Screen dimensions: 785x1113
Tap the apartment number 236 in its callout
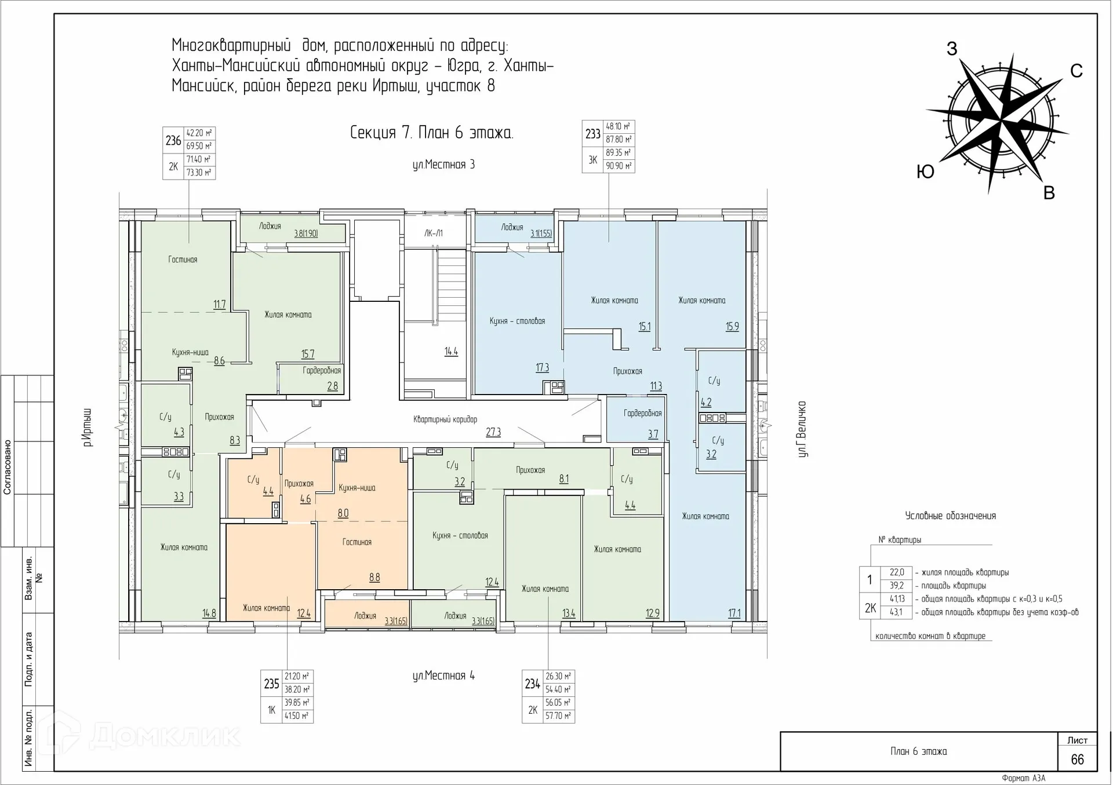pyautogui.click(x=173, y=140)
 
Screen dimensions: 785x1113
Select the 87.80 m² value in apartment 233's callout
pyautogui.click(x=619, y=140)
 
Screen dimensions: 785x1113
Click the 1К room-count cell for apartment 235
pyautogui.click(x=271, y=710)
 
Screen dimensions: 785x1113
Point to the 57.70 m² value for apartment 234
pyautogui.click(x=558, y=716)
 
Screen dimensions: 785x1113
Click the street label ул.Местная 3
pyautogui.click(x=443, y=165)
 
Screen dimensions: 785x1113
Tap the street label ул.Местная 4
pyautogui.click(x=443, y=676)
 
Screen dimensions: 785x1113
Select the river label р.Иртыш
pyautogui.click(x=87, y=427)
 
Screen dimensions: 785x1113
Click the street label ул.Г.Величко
pyautogui.click(x=802, y=429)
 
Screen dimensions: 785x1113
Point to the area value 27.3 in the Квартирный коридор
pyautogui.click(x=493, y=432)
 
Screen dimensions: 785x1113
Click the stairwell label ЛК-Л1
pyautogui.click(x=433, y=233)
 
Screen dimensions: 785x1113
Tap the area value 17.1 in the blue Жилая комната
pyautogui.click(x=734, y=613)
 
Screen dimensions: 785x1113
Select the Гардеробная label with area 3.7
pyautogui.click(x=642, y=414)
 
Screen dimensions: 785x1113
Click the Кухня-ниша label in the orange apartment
pyautogui.click(x=357, y=488)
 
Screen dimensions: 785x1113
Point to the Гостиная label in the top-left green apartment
pyautogui.click(x=183, y=260)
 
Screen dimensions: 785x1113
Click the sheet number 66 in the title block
pyautogui.click(x=1077, y=760)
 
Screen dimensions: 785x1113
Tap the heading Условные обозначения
pyautogui.click(x=950, y=516)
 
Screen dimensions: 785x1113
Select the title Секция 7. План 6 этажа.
pyautogui.click(x=431, y=133)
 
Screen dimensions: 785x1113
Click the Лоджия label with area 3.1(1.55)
pyautogui.click(x=512, y=228)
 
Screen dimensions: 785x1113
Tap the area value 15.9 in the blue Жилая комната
pyautogui.click(x=732, y=327)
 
